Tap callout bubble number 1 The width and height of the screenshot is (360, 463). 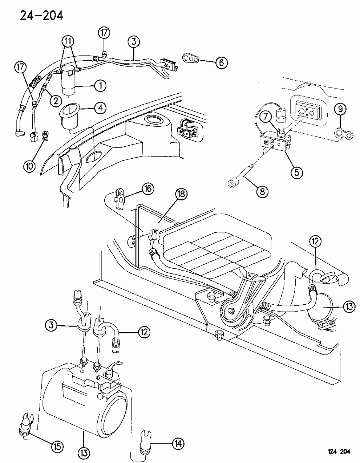coord(100,86)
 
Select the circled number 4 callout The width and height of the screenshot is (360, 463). coord(100,108)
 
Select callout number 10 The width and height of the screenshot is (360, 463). coord(29,166)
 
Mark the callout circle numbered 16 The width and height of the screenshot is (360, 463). coord(147,189)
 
